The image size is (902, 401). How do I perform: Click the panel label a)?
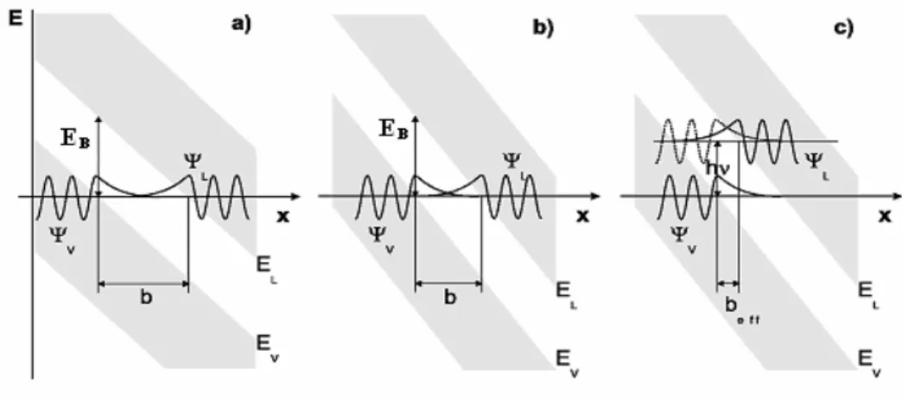point(242,25)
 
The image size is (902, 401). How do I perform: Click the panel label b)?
point(543,27)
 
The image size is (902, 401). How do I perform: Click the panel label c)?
point(844,27)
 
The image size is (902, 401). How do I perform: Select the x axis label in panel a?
point(283,218)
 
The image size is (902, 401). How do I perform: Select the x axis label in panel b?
point(583,216)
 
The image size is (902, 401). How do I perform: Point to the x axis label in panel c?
point(885,216)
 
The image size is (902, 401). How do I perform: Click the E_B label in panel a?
point(75,139)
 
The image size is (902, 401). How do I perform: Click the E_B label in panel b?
point(393,128)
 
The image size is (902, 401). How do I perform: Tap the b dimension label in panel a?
point(146,298)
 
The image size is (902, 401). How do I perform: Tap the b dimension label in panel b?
point(450,298)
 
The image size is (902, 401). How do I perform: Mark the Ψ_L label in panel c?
point(816,163)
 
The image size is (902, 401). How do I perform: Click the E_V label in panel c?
point(869,361)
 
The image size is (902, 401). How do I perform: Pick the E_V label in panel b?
point(567,361)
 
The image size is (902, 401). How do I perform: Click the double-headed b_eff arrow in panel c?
point(727,283)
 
